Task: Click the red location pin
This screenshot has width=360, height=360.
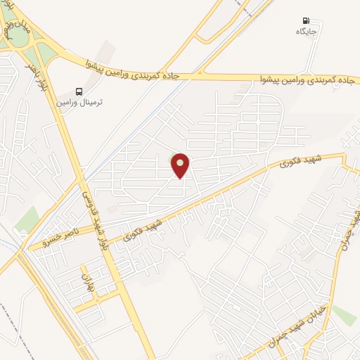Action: (181, 165)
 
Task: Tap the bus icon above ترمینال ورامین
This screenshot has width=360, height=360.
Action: (79, 91)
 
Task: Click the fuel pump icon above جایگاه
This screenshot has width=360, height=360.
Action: (306, 20)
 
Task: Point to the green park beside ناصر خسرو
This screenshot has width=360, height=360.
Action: (26, 220)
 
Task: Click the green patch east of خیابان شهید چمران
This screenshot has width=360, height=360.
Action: (344, 314)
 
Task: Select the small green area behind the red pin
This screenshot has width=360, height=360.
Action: (174, 157)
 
